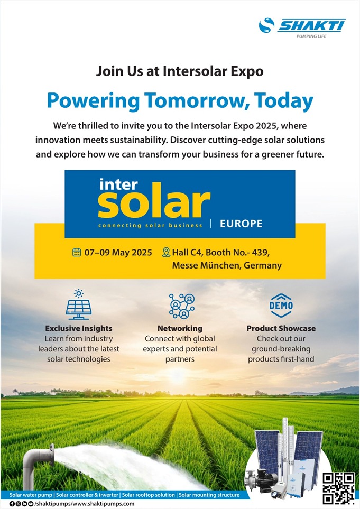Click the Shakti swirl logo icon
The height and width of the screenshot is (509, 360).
266,25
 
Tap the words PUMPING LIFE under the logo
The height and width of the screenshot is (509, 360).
311,36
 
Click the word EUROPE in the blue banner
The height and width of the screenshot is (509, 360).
241,224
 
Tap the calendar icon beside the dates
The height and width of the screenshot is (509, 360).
77,252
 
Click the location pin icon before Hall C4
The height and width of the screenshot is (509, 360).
166,252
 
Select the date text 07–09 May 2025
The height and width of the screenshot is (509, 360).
118,253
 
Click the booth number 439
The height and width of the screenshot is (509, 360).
259,252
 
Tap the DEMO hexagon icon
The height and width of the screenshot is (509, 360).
281,306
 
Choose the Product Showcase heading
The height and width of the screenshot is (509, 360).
281,328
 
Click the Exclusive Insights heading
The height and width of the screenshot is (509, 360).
79,328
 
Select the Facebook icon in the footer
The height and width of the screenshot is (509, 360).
12,504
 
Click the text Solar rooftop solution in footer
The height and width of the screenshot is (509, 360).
149,495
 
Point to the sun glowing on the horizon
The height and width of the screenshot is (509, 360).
178,375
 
